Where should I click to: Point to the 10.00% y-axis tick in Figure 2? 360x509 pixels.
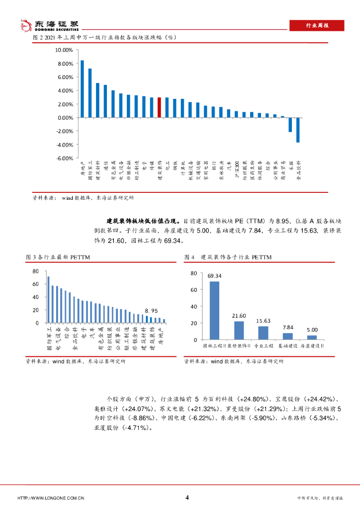point(64,50)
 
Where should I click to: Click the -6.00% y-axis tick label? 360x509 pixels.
point(64,158)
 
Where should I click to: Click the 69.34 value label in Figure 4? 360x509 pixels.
point(214,276)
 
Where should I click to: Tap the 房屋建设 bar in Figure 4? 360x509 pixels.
point(312,337)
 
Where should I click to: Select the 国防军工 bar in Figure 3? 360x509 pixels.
point(48,300)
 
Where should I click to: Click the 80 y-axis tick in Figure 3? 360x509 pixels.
point(35,271)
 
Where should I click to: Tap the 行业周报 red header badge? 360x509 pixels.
point(316,26)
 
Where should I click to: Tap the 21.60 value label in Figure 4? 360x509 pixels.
point(239,316)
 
